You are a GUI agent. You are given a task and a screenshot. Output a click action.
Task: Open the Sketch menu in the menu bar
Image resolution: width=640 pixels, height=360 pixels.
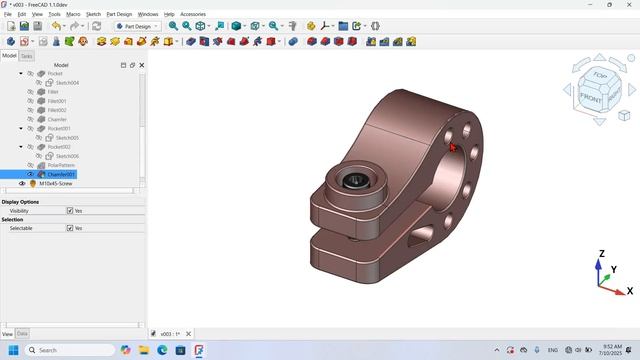(93, 14)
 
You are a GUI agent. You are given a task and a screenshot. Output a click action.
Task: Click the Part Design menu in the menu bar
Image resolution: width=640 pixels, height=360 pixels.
(118, 14)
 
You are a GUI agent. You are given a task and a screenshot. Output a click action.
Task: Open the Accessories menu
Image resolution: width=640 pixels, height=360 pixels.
(193, 14)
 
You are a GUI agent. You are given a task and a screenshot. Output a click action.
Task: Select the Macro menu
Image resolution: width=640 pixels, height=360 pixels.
(73, 14)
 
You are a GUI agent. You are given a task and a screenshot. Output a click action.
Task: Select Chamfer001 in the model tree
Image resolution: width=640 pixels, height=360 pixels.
(61, 174)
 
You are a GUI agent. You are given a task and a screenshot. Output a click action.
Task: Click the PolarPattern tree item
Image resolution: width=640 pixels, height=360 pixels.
(61, 165)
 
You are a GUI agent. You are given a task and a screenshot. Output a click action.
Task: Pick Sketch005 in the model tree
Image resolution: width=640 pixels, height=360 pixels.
(67, 138)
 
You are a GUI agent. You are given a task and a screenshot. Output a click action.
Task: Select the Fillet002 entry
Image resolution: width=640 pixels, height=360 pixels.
(57, 110)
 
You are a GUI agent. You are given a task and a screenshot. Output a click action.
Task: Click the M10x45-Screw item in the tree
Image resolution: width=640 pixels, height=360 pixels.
(55, 184)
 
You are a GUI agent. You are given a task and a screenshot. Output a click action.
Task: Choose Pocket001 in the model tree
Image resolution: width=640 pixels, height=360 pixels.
(59, 128)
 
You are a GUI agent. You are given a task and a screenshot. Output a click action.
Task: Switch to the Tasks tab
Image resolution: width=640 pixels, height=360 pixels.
(27, 56)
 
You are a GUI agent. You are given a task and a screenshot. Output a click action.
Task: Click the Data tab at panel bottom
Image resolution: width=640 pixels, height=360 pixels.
(22, 333)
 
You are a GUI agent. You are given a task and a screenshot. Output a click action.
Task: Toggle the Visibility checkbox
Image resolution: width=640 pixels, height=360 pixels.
(70, 211)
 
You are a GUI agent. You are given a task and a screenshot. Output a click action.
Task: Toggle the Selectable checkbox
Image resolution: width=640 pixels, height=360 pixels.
(70, 228)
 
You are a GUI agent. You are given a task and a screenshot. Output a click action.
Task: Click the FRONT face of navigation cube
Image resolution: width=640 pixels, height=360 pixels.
(591, 98)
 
